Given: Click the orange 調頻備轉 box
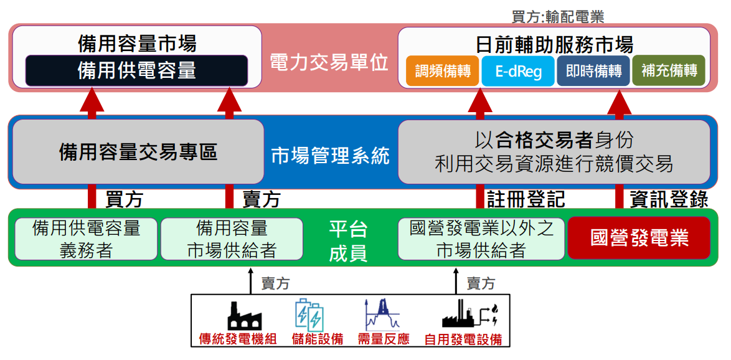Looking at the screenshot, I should coord(442,71).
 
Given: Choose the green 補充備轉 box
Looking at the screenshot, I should coord(669,71).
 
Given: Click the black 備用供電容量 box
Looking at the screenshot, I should coord(136,70).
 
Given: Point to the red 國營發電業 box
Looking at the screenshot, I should coord(639,238).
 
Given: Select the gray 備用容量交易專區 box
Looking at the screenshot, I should coord(138,152).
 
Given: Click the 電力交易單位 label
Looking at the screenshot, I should coord(329,62).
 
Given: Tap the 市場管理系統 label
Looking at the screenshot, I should coord(331,155).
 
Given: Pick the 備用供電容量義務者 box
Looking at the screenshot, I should coord(86,239).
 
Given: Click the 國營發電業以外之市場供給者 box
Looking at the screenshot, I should coord(481,239).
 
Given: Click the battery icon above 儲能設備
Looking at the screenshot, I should coord(309,315).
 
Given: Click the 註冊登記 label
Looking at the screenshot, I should coord(526,199).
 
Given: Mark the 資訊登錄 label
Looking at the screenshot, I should coord(669,199).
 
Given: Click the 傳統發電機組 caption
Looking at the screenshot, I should coord(237,339).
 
